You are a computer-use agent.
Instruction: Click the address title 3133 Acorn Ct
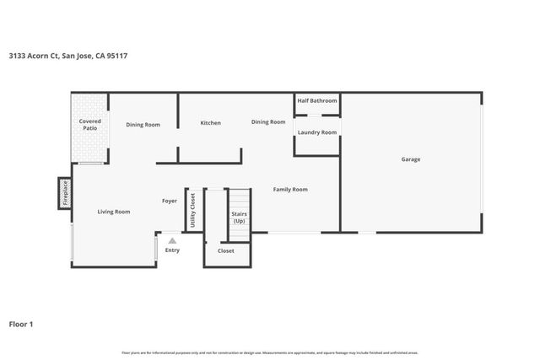pyautogui.click(x=69, y=56)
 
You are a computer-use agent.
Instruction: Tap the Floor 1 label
pyautogui.click(x=20, y=323)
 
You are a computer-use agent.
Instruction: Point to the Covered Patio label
pyautogui.click(x=90, y=125)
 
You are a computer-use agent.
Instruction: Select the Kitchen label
pyautogui.click(x=210, y=123)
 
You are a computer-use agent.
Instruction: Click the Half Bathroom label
pyautogui.click(x=317, y=101)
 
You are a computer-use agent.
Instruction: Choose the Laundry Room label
pyautogui.click(x=317, y=132)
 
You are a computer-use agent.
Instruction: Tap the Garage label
pyautogui.click(x=411, y=159)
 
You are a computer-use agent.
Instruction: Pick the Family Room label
pyautogui.click(x=290, y=190)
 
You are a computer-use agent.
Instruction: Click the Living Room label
pyautogui.click(x=114, y=212)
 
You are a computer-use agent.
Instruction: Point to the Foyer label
pyautogui.click(x=170, y=201)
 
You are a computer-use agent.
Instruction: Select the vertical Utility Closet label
pyautogui.click(x=193, y=211)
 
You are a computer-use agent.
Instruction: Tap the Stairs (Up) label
pyautogui.click(x=239, y=218)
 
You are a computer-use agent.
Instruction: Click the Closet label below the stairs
pyautogui.click(x=226, y=250)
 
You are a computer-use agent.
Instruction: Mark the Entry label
pyautogui.click(x=172, y=250)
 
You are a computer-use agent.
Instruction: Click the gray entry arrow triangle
pyautogui.click(x=172, y=240)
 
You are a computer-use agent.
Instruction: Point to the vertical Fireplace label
pyautogui.click(x=65, y=194)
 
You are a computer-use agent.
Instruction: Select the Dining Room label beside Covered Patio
pyautogui.click(x=143, y=125)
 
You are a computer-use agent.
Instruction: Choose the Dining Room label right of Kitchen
pyautogui.click(x=268, y=122)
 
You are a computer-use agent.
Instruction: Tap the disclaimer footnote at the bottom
pyautogui.click(x=270, y=352)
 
